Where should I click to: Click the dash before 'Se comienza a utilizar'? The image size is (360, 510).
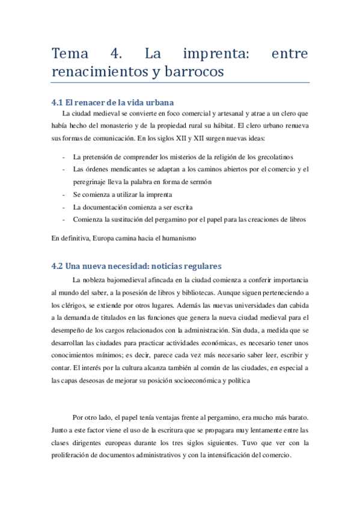point(64,195)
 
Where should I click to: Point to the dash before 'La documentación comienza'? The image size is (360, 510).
point(64,207)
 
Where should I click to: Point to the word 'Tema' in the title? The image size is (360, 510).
point(70,54)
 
